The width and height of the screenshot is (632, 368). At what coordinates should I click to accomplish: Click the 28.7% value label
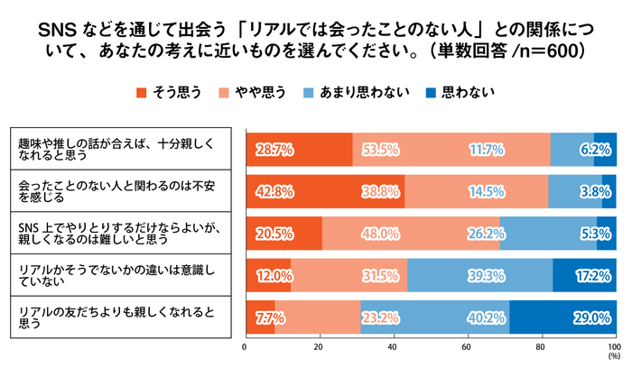[x=274, y=149]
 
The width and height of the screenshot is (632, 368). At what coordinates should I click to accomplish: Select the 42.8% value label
[x=274, y=191]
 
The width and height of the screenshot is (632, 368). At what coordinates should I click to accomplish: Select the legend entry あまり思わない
[x=358, y=92]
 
